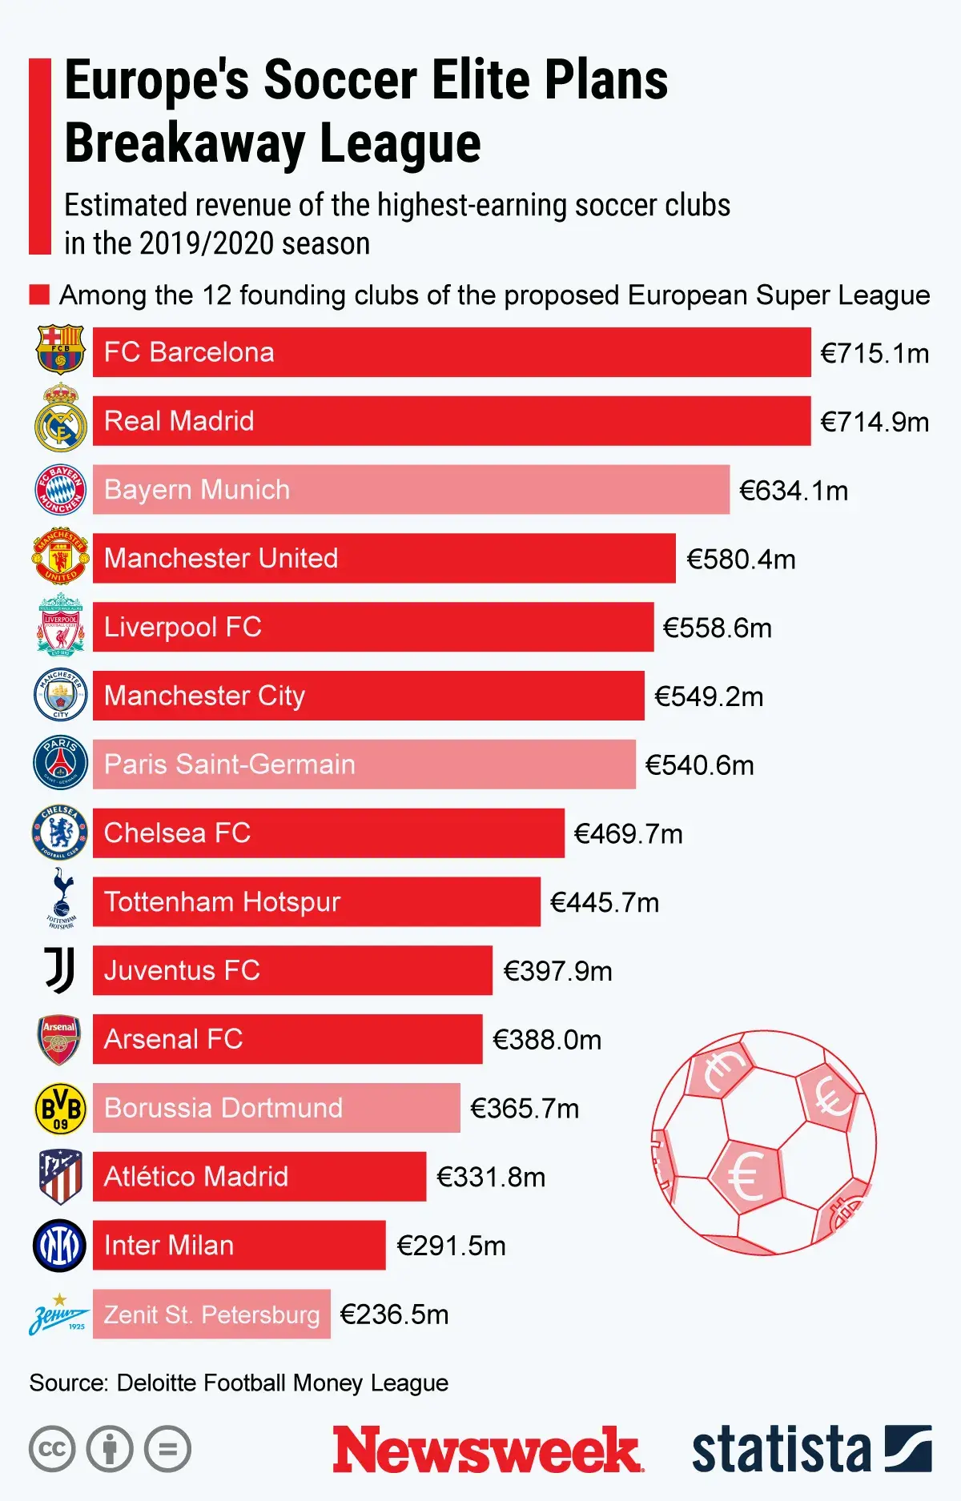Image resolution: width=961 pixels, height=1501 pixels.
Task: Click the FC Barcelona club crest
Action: (60, 349)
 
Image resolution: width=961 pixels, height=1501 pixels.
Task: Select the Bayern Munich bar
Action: (411, 489)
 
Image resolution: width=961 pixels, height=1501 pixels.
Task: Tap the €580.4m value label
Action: (741, 559)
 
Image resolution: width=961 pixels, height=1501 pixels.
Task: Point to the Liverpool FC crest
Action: (60, 626)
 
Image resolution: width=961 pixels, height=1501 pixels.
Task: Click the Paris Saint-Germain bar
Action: (364, 764)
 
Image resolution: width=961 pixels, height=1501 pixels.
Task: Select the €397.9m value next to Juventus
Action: (557, 971)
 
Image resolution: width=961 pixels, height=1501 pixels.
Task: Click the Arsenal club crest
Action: (60, 1039)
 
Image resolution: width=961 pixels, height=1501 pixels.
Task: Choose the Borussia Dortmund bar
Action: (276, 1108)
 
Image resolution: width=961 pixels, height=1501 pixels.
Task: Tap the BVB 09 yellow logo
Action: (60, 1108)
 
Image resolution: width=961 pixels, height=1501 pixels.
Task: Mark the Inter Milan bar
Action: (239, 1245)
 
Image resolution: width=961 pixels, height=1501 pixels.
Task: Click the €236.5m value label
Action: (394, 1314)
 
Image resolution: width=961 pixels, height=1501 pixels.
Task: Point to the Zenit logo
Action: (59, 1315)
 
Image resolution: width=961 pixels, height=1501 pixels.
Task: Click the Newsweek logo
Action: (488, 1449)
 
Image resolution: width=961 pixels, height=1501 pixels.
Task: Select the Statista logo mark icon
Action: (907, 1448)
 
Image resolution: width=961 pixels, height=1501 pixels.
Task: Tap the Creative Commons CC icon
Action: (52, 1449)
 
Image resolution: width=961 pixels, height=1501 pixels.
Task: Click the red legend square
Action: (39, 295)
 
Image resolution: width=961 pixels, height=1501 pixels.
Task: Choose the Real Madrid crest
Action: (60, 418)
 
